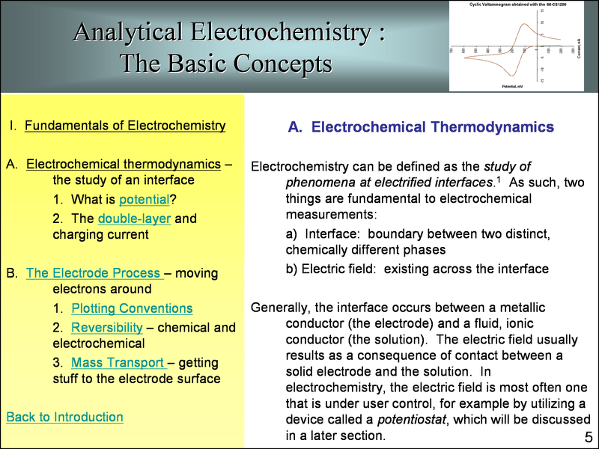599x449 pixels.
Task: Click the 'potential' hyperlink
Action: click(144, 200)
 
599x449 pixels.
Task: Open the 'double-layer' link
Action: click(134, 219)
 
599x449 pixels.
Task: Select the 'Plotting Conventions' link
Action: click(132, 308)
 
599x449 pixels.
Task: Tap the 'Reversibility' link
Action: click(106, 328)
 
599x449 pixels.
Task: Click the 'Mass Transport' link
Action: click(118, 362)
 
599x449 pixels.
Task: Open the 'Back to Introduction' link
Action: click(64, 417)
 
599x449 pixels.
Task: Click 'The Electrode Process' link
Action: click(93, 273)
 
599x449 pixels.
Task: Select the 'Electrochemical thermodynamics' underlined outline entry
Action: click(124, 164)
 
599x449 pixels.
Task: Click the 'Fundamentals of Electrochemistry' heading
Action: click(125, 125)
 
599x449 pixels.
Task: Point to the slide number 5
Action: click(588, 437)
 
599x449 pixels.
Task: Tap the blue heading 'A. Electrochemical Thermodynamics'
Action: click(421, 127)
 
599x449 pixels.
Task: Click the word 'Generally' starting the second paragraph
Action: click(282, 308)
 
